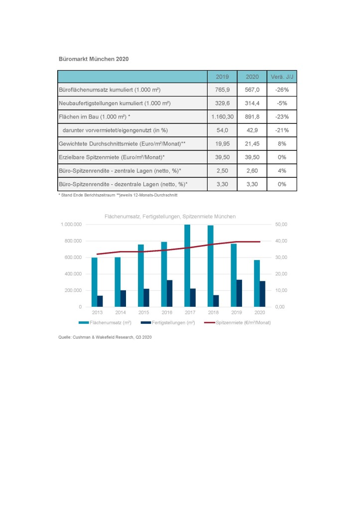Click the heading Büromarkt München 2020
point(94,59)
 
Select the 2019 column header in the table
point(223,77)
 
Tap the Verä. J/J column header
point(282,77)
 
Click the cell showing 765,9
point(223,90)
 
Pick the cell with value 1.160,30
point(223,117)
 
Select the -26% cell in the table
point(282,90)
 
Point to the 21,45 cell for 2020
point(252,144)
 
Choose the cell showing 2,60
point(252,171)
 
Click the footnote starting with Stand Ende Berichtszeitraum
point(118,195)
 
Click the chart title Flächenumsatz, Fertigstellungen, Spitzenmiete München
point(170,217)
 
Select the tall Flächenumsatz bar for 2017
point(187,266)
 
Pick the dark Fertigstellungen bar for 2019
point(240,293)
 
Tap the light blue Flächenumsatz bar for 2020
point(257,283)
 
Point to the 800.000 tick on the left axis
point(73,241)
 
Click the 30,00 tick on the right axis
point(281,257)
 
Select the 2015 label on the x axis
point(144,313)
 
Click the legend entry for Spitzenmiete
point(238,323)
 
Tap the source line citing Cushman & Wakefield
point(105,337)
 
